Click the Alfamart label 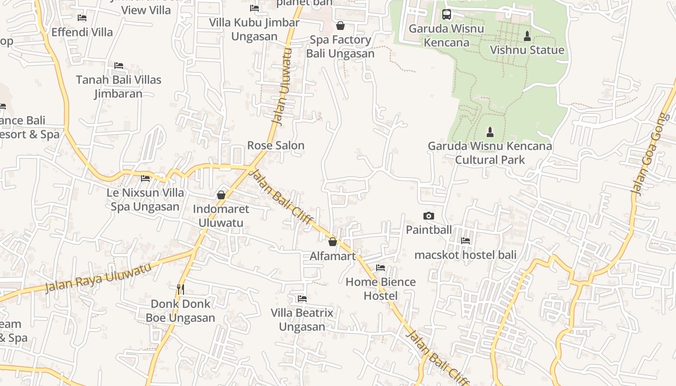[332, 256]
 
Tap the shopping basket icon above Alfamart [332, 242]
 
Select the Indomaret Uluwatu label [221, 216]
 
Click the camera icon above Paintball [428, 216]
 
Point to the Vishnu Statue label [527, 50]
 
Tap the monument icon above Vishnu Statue [527, 36]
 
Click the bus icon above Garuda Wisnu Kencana [446, 14]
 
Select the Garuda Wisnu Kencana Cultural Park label [490, 152]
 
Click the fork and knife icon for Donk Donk [181, 289]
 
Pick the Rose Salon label [276, 145]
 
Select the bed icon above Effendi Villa [82, 18]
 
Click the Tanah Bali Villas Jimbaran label [118, 86]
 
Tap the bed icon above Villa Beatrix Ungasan [302, 299]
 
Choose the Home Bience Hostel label [380, 289]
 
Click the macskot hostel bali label [465, 255]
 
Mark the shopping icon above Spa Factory [340, 26]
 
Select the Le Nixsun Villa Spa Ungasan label [145, 199]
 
